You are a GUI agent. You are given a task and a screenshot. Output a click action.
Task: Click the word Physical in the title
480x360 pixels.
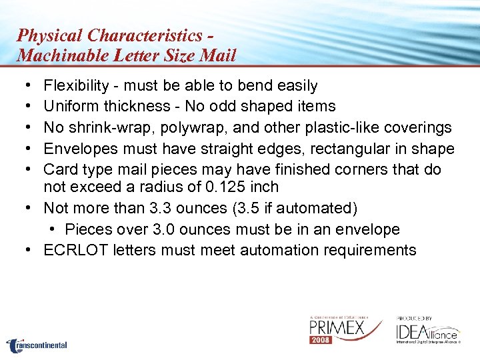click(50, 35)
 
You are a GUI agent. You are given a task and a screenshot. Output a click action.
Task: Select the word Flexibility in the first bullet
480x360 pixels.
click(76, 85)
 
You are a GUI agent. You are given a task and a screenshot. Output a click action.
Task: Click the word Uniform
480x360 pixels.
click(70, 106)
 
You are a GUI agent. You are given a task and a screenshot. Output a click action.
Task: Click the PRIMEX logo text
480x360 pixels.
click(336, 328)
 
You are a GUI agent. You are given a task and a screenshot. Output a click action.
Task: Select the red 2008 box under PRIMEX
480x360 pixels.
click(321, 340)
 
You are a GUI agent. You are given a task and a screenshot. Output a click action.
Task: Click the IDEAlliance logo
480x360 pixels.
click(427, 331)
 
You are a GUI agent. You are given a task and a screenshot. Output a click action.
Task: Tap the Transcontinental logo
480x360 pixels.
click(37, 345)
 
